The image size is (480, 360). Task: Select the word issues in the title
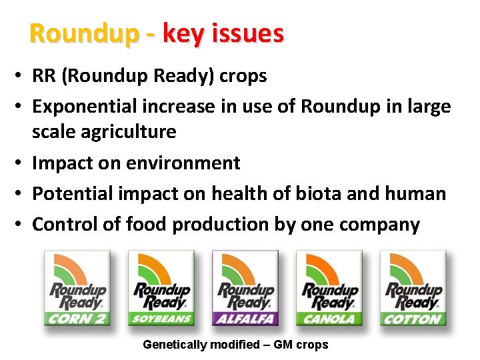click(x=247, y=33)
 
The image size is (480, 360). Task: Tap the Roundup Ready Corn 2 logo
click(x=77, y=288)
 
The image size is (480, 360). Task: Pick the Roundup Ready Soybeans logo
click(x=161, y=288)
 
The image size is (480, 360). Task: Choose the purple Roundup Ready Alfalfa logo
click(x=245, y=288)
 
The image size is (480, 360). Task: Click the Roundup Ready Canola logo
click(x=329, y=288)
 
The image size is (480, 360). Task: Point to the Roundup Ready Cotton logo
click(x=413, y=288)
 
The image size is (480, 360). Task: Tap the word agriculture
click(x=129, y=132)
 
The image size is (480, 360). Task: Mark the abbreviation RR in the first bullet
click(x=44, y=76)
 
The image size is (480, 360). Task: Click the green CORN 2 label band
click(x=77, y=319)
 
